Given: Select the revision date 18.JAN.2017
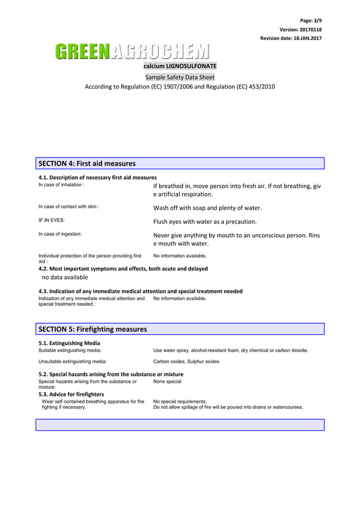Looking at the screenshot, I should (x=291, y=38).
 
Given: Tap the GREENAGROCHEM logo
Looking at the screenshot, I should (x=131, y=52).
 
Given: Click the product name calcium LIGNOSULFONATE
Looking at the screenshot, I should (x=179, y=66).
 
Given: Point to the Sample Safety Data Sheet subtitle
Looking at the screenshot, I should (x=179, y=77).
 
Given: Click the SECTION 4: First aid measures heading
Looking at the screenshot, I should (x=87, y=164).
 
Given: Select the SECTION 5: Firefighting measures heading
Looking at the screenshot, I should (x=93, y=329).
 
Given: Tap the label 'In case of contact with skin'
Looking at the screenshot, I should (x=68, y=207).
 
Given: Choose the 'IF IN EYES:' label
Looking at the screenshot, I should (x=51, y=220).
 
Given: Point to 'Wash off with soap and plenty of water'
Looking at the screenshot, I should (x=207, y=208).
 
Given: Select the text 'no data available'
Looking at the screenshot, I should (x=65, y=277).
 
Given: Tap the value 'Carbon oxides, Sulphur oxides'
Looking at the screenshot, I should (x=186, y=361).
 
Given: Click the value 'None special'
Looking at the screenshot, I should (x=167, y=382).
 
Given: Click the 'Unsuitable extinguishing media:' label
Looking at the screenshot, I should (x=73, y=361).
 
